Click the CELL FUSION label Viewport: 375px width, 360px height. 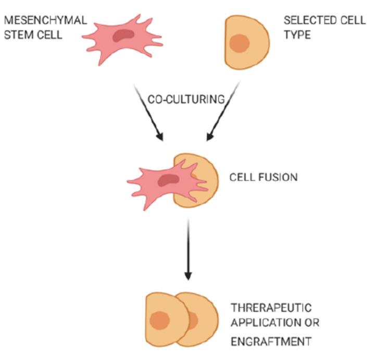pos(264,177)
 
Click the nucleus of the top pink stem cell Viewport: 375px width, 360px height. pos(123,35)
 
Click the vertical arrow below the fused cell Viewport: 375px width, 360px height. pos(188,250)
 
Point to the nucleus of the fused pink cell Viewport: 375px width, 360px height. pos(168,181)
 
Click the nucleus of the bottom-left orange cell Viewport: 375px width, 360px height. pos(158,319)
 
